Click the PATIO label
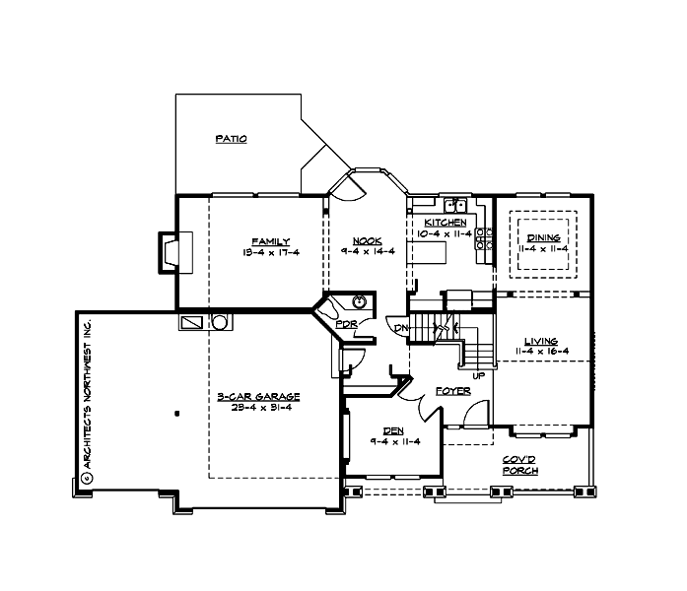[231, 139]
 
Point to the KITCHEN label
[439, 223]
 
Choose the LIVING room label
[542, 340]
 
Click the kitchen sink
[455, 205]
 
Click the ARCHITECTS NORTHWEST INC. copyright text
[87, 399]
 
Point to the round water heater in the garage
[220, 321]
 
